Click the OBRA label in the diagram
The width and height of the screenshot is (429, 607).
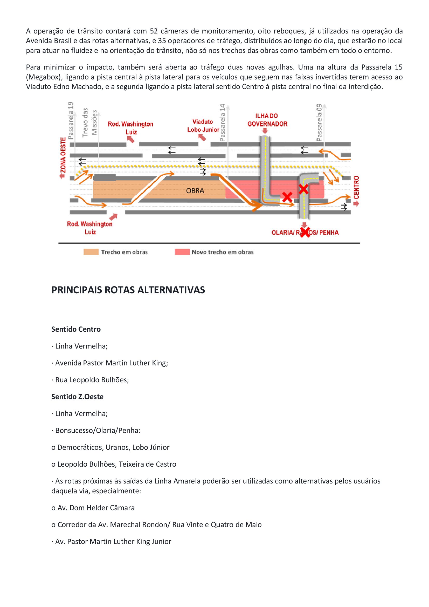[195, 191]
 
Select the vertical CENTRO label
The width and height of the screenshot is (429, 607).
[356, 187]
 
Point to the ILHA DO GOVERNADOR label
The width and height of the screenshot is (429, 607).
[267, 120]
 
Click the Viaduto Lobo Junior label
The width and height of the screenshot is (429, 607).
[203, 126]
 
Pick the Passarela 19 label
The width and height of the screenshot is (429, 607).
[71, 121]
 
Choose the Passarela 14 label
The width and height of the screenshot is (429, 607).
[222, 123]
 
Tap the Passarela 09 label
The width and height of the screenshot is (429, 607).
[319, 122]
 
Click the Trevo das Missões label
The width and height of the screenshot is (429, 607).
[89, 122]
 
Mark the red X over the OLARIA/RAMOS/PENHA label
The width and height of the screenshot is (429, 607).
[305, 232]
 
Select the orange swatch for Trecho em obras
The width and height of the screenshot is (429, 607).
[91, 252]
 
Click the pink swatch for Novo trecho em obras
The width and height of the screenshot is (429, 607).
[182, 252]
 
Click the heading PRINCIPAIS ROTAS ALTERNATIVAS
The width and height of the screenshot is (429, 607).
[128, 290]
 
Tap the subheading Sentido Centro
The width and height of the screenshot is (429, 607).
[76, 329]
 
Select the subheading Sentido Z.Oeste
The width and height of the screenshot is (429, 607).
[77, 397]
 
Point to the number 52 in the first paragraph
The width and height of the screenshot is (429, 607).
[154, 31]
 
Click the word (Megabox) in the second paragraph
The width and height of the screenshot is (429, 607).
[44, 77]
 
